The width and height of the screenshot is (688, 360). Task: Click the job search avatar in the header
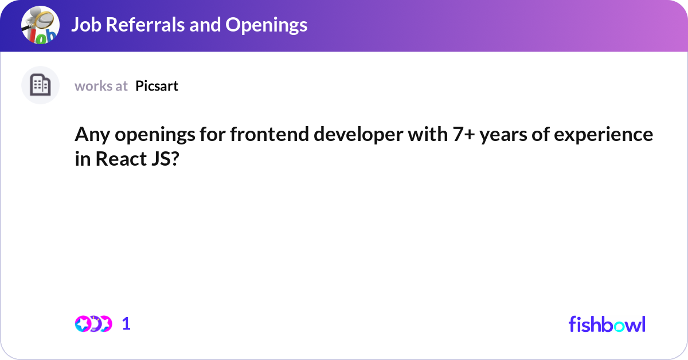point(40,25)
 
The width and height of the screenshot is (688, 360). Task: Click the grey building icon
point(40,85)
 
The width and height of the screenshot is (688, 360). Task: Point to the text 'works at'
point(101,86)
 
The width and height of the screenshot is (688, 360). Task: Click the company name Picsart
point(157,86)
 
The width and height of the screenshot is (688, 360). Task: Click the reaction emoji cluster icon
point(93,324)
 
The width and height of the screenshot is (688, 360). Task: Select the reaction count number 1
point(126,324)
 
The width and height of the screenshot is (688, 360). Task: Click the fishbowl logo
point(607,324)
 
